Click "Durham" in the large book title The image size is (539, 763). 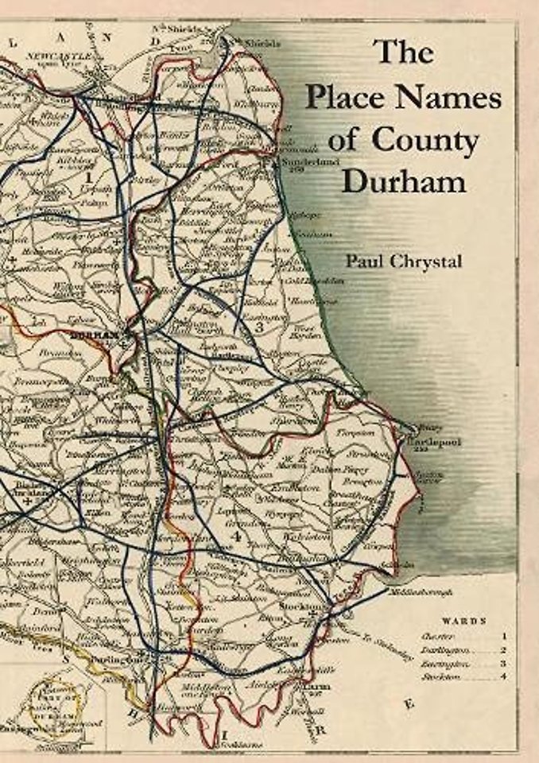404,181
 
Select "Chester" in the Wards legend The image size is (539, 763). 434,636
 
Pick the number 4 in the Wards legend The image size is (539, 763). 505,677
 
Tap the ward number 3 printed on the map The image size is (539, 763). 259,326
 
